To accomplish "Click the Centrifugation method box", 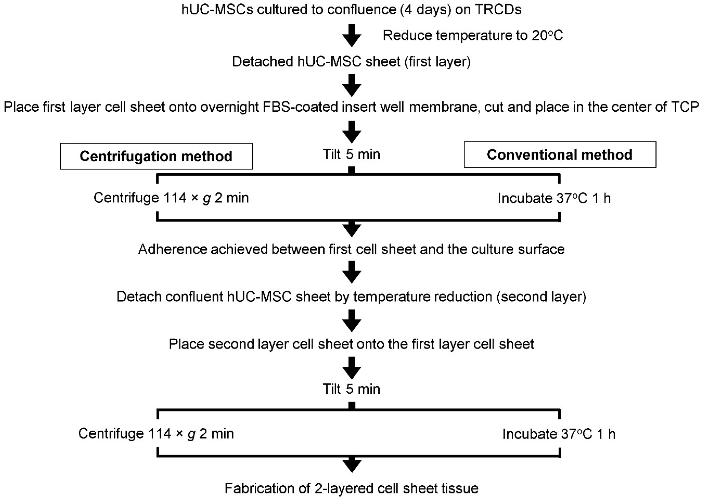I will (x=156, y=156).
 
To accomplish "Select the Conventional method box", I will (x=559, y=154).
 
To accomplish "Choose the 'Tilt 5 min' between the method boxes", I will (x=351, y=154).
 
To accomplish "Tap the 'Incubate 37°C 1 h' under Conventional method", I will (x=554, y=198).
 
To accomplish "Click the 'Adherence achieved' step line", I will (x=351, y=249).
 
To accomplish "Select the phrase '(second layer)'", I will (x=541, y=297).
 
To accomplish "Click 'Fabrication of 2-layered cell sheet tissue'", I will (x=351, y=488).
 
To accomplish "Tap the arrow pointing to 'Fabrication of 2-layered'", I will (x=352, y=465).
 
